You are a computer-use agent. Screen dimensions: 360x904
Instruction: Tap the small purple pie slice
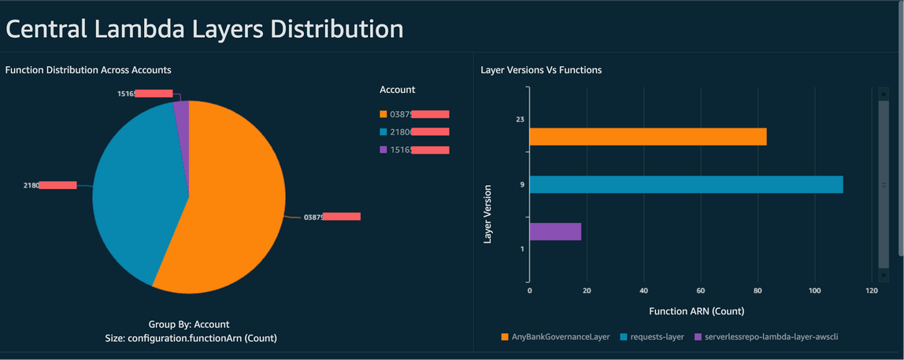click(x=182, y=112)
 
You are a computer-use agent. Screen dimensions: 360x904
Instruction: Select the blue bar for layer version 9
click(x=685, y=184)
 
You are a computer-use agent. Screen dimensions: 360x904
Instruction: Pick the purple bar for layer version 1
click(x=555, y=232)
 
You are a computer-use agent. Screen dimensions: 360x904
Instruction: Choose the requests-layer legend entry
click(x=653, y=337)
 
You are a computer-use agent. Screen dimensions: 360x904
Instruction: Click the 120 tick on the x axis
click(x=871, y=291)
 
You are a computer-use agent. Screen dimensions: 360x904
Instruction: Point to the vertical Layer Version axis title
click(x=487, y=213)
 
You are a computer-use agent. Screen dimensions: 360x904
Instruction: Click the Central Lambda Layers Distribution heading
click(x=205, y=29)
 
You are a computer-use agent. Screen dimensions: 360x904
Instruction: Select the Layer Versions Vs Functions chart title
click(x=541, y=70)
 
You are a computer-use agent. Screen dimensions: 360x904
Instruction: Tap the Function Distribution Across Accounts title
click(x=88, y=70)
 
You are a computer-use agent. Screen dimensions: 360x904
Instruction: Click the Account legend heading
click(x=397, y=90)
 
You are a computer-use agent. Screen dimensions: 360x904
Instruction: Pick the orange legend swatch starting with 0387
click(x=383, y=114)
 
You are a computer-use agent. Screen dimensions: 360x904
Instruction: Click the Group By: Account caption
click(x=188, y=324)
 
